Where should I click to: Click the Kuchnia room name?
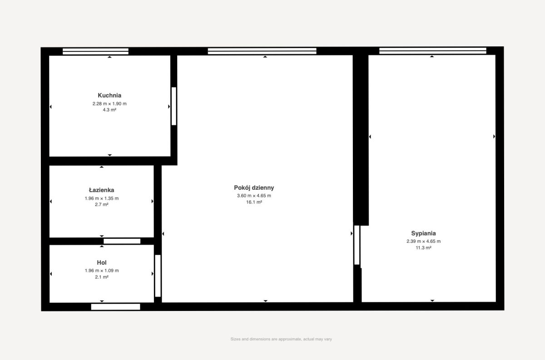[109, 95]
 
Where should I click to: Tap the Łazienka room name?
[101, 190]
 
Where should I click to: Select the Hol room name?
[102, 262]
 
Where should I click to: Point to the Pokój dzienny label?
[254, 188]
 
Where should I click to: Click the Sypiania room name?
[423, 233]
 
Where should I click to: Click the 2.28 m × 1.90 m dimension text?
[109, 104]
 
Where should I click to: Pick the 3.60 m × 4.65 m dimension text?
[254, 196]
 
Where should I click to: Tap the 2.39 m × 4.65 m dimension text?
[423, 242]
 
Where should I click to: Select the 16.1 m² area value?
[254, 202]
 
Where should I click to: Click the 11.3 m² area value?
[423, 248]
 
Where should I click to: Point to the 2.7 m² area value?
[102, 205]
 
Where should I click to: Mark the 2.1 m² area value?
[102, 277]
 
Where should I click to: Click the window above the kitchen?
[96, 51]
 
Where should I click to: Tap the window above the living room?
[262, 51]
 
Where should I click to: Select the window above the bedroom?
[433, 51]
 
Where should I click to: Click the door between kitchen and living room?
[173, 106]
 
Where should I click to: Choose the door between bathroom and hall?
[122, 242]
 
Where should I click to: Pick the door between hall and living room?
[158, 276]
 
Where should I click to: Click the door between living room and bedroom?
[357, 245]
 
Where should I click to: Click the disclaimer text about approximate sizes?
[281, 339]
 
